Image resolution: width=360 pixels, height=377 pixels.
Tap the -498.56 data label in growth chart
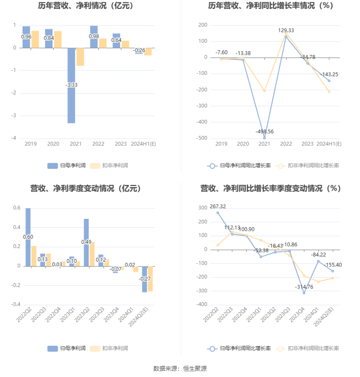(x=265, y=132)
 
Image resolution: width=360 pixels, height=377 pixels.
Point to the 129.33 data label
(x=286, y=30)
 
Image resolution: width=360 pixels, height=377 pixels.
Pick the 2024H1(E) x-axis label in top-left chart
(x=143, y=144)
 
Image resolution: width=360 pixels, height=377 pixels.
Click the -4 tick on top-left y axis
(x=15, y=138)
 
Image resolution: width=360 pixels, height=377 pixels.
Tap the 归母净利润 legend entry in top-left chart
(x=67, y=165)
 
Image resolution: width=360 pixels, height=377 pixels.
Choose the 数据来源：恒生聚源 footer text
(x=180, y=369)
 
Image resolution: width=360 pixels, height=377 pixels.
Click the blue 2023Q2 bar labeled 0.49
(x=87, y=242)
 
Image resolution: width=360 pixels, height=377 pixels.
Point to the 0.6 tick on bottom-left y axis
(x=17, y=208)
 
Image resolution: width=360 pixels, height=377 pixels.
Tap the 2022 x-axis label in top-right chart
(x=286, y=144)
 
